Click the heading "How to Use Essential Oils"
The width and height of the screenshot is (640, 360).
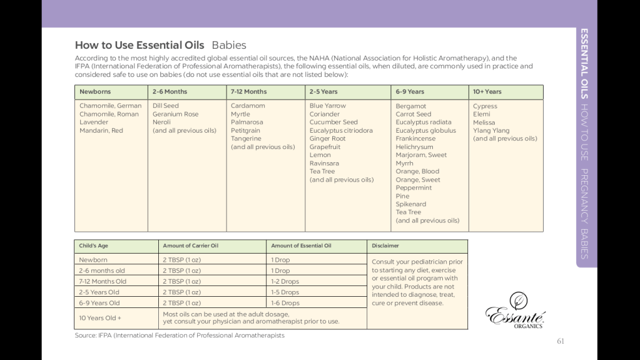click(140, 45)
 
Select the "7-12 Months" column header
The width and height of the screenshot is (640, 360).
click(248, 92)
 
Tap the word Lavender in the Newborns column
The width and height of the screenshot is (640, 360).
click(93, 123)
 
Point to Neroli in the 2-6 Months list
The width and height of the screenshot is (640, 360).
click(161, 123)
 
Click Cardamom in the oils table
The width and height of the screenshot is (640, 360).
click(248, 106)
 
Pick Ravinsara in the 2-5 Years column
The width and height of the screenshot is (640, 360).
click(324, 163)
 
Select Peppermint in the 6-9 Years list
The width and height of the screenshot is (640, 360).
click(414, 188)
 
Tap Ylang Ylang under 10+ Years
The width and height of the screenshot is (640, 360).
click(491, 131)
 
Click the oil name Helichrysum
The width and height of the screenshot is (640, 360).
click(414, 147)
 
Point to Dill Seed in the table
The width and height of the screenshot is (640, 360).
click(166, 106)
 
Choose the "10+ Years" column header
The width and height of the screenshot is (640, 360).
click(487, 92)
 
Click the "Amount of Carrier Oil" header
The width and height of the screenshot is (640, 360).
click(190, 246)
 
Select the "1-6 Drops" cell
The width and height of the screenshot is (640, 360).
click(285, 303)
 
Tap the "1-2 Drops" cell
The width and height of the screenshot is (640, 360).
click(285, 282)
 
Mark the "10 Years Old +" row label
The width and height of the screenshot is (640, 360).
click(100, 318)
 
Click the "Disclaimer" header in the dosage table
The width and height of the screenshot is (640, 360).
click(385, 246)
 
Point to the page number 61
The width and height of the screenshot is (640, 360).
click(560, 341)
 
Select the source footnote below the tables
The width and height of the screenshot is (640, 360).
click(180, 336)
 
